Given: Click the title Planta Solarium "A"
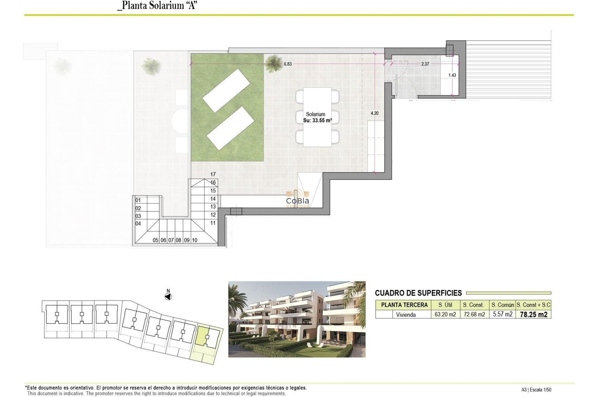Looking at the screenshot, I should click(157, 5).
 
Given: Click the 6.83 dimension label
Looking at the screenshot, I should click(288, 64).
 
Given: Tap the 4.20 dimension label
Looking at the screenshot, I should click(374, 113).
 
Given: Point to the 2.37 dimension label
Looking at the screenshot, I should click(425, 64).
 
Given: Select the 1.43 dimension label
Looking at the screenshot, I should click(452, 75).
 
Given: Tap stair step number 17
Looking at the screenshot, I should click(213, 174).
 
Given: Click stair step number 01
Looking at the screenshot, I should click(138, 200).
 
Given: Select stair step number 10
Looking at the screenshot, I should click(195, 240).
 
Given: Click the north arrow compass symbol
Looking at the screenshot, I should click(168, 297).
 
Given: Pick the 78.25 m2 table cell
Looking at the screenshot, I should click(533, 314).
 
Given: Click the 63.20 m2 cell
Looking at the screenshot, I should click(445, 314).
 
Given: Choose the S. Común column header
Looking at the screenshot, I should click(502, 305).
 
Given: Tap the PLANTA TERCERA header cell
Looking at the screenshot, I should click(404, 305).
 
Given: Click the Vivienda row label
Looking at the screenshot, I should click(406, 315).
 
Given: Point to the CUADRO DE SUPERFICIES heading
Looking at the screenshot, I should click(418, 293).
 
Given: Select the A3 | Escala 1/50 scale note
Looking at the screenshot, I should click(536, 390).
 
